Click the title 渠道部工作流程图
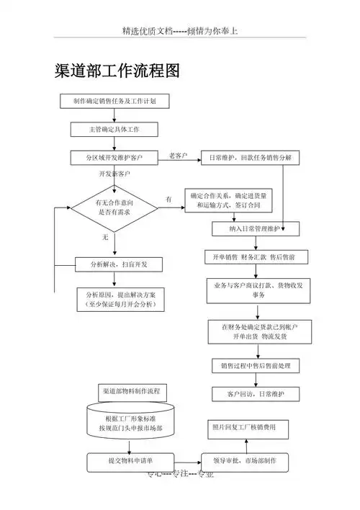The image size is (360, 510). (x=117, y=71)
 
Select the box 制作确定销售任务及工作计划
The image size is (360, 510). (x=115, y=102)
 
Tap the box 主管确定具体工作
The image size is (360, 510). (x=114, y=130)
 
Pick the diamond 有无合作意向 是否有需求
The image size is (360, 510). (x=114, y=208)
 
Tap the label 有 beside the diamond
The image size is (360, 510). (x=168, y=199)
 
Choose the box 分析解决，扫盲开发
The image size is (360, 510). (x=119, y=264)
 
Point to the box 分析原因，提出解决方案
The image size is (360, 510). (x=120, y=300)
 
